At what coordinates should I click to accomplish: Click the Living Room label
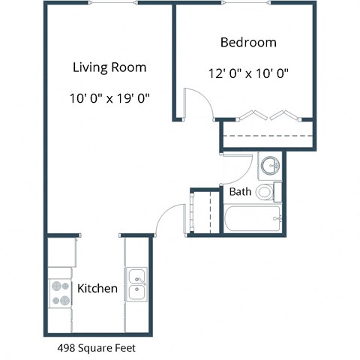click(x=109, y=67)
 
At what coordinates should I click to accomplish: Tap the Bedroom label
click(x=248, y=42)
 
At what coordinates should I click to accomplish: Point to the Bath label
click(x=240, y=192)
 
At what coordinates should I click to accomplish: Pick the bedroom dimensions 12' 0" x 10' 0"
click(x=248, y=73)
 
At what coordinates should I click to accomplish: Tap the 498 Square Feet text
click(x=97, y=348)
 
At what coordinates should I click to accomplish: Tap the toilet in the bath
click(x=265, y=192)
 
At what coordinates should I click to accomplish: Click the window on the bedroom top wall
click(x=248, y=3)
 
